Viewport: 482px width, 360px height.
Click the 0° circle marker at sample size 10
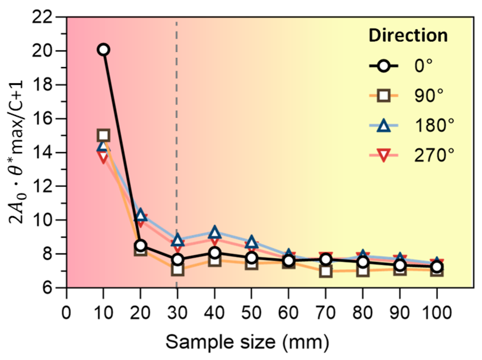(x=103, y=50)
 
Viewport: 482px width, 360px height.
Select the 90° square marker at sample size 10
(x=103, y=135)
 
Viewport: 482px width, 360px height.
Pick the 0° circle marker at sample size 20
(x=140, y=245)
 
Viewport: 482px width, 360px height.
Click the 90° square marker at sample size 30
(x=178, y=270)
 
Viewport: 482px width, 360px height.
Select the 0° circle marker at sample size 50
(x=251, y=258)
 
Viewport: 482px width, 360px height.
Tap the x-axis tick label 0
(x=66, y=312)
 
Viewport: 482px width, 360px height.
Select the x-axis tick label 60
(x=288, y=312)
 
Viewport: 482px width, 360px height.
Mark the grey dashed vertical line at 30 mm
(x=177, y=124)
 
